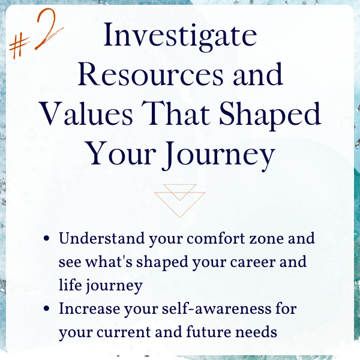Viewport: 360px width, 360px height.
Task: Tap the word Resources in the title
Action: [151, 74]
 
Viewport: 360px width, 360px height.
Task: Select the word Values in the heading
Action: [86, 113]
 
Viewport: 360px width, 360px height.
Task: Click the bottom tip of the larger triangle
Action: [179, 217]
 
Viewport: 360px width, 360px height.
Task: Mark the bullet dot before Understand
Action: [46, 239]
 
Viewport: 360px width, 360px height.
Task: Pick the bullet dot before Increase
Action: [46, 308]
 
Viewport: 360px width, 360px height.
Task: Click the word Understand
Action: [102, 238]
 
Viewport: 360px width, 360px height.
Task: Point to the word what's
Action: [109, 262]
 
